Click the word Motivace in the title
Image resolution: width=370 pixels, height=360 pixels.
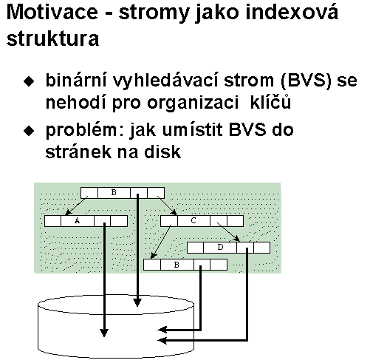tap(52, 12)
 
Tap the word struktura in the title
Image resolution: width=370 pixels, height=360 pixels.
tap(53, 38)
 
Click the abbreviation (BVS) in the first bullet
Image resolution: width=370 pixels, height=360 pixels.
tap(306, 81)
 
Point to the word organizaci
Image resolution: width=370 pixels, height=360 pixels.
tap(193, 103)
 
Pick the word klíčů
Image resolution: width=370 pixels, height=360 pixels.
tap(270, 101)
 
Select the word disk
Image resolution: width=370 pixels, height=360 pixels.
tap(162, 152)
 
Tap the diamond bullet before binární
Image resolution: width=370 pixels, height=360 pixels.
tap(29, 81)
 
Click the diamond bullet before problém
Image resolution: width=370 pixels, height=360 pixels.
tap(29, 131)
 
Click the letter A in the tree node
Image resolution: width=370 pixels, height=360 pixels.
tap(77, 221)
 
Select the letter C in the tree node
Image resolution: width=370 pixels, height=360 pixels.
tap(193, 220)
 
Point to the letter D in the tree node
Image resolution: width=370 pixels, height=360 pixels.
tap(220, 247)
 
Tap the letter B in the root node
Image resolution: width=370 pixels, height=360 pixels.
tap(114, 192)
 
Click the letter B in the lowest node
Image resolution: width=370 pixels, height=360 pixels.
tap(177, 265)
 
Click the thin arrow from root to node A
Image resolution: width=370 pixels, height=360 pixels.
tap(76, 206)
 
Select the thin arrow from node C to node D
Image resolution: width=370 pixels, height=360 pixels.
tap(228, 232)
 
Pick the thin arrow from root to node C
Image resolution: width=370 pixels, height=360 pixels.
tap(168, 206)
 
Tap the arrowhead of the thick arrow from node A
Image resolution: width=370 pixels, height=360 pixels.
tap(104, 333)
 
